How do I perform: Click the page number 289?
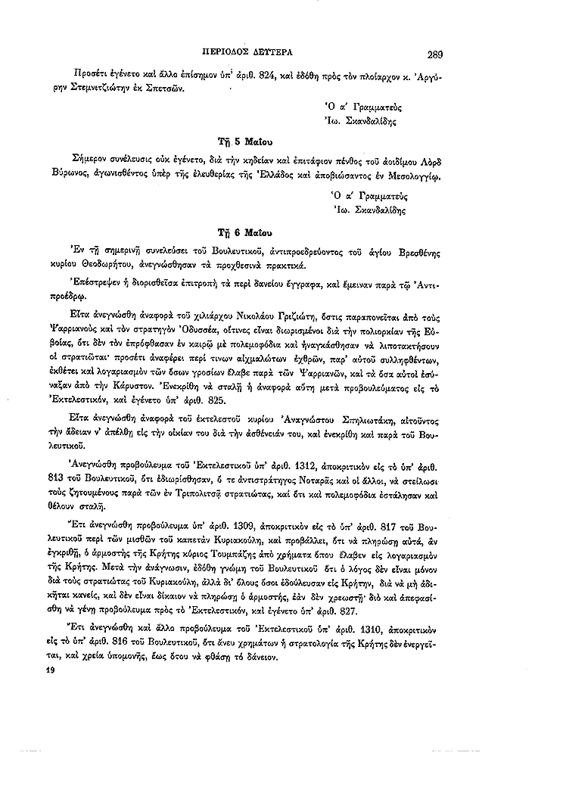pyautogui.click(x=434, y=54)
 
